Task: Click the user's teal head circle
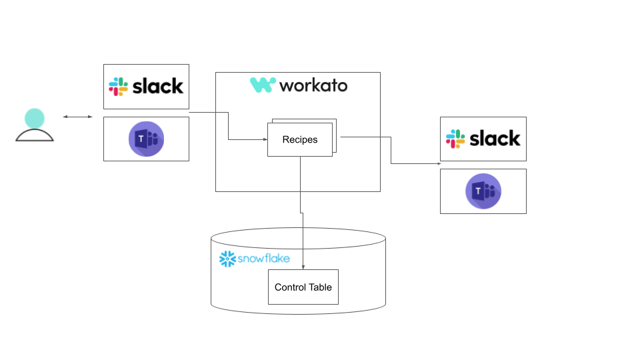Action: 35,119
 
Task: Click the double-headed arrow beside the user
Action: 78,117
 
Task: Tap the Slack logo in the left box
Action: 119,86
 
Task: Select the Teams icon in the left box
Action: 146,139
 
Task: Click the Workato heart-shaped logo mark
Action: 263,85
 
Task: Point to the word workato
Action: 313,85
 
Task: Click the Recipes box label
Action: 300,140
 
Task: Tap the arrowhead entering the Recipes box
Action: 264,139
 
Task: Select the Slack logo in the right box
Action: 456,139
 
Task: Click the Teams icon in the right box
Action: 483,191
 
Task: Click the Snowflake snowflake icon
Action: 228,259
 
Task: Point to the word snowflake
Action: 264,259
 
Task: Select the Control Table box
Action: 303,287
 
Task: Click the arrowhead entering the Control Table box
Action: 303,267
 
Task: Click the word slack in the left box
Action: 158,86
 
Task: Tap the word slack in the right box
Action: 495,139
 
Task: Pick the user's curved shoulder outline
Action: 35,135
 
